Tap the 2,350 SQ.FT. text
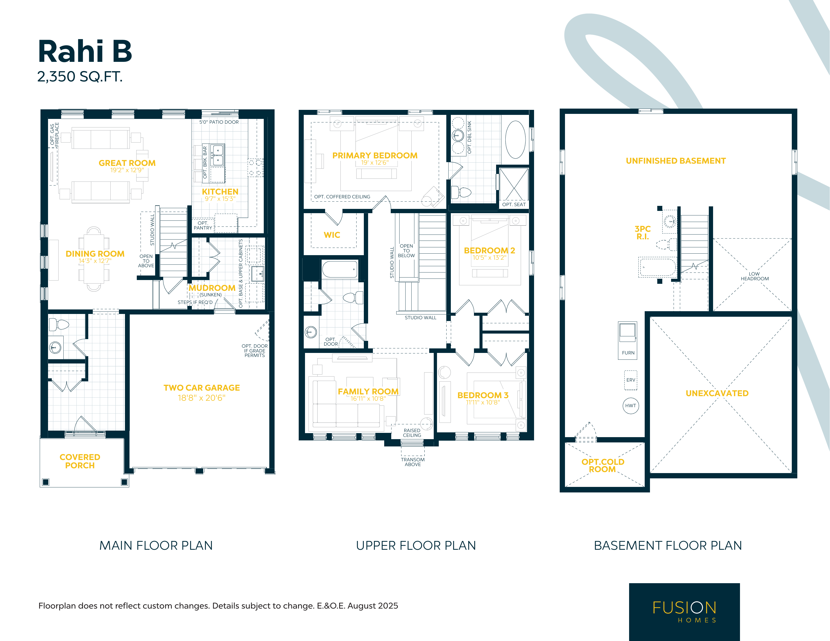(80, 77)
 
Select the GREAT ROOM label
(127, 163)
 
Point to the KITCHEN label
(220, 192)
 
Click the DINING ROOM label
(95, 254)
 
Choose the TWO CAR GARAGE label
(202, 388)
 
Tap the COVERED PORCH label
(80, 461)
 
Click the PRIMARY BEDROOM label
(375, 155)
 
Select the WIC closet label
(332, 235)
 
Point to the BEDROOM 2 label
(490, 250)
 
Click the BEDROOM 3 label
(483, 395)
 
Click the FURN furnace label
(628, 353)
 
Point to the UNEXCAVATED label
(717, 393)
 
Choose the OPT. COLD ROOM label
(603, 466)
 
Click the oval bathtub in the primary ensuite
(515, 140)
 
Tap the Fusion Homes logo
(684, 612)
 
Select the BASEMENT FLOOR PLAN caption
(668, 546)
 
